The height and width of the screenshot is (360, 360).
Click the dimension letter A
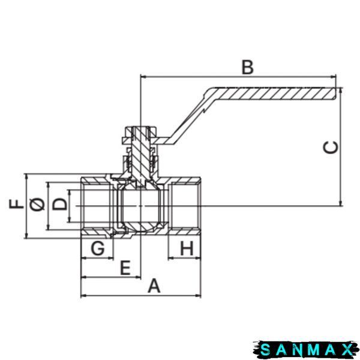click(154, 286)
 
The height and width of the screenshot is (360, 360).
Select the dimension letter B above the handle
click(248, 67)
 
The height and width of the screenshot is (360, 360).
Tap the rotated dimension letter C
click(331, 147)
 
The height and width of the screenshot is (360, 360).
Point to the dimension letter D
click(59, 203)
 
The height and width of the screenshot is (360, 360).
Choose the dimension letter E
click(125, 268)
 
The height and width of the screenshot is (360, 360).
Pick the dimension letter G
click(98, 248)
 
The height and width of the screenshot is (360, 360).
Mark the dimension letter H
click(187, 248)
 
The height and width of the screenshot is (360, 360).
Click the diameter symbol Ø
click(37, 204)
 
